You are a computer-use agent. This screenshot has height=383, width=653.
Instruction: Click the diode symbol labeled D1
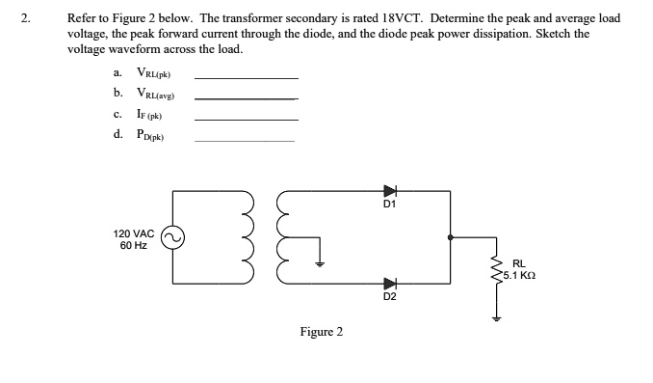tap(390, 191)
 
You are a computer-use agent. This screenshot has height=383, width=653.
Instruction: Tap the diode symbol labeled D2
tap(390, 283)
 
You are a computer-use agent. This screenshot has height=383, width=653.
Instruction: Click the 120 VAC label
tap(133, 233)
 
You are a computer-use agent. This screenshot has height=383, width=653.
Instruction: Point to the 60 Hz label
tap(133, 246)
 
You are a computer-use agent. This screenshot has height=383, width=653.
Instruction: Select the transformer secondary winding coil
tap(283, 237)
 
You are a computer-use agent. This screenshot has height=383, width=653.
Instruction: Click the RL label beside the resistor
tap(519, 262)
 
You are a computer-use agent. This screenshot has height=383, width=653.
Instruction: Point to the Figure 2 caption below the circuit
tap(321, 332)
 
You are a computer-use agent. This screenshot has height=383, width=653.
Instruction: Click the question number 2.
tap(30, 18)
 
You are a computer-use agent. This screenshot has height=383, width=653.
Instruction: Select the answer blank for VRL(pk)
tap(246, 76)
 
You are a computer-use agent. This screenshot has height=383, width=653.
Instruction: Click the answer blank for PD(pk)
tap(246, 141)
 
